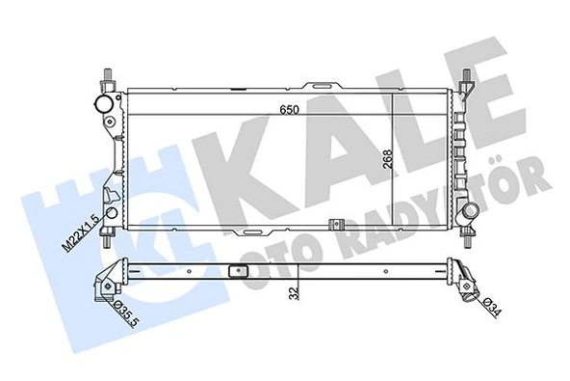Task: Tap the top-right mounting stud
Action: (x=464, y=79)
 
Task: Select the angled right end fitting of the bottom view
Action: (x=468, y=280)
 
